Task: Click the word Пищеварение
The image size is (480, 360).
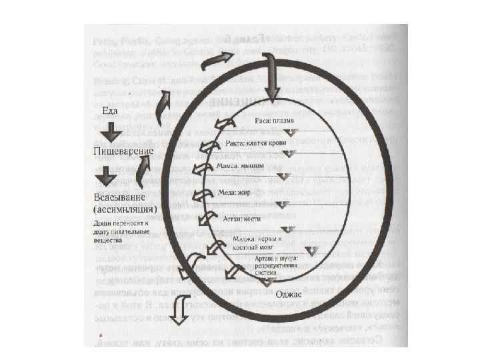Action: [123, 151]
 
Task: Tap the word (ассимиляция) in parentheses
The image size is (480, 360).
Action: [123, 209]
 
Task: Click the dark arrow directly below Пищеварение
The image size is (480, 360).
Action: [105, 176]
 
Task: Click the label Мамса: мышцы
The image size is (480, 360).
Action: [241, 165]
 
